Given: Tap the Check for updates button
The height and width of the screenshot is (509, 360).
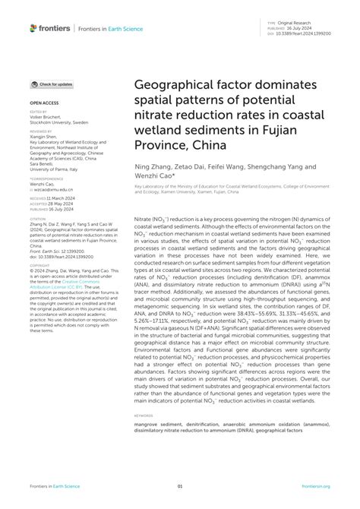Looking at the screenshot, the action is point(52,84).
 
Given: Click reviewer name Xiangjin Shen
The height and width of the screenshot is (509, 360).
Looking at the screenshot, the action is point(47,136).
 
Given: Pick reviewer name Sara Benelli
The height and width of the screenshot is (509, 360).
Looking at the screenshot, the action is point(44,163).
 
